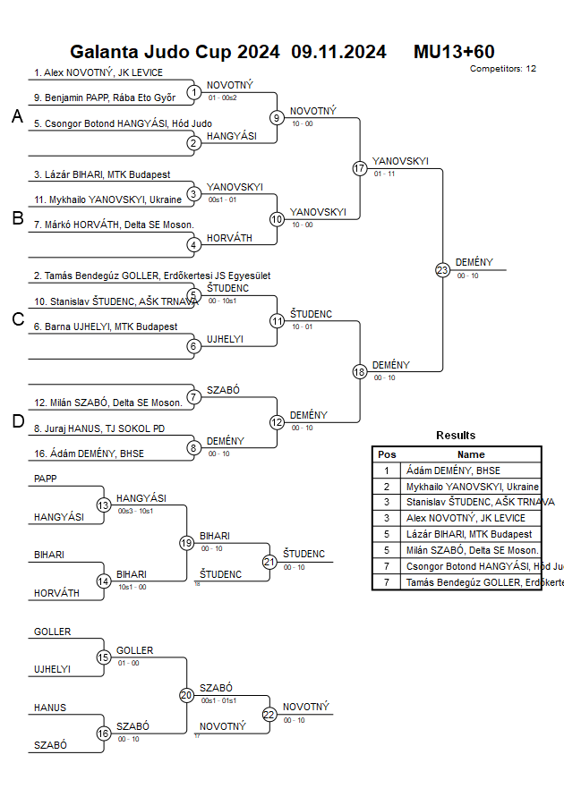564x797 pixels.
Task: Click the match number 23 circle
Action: (x=442, y=270)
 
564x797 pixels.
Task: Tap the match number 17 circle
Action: (x=360, y=168)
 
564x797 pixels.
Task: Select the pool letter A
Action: (x=17, y=116)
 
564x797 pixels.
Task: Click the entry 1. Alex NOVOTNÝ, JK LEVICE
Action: (x=98, y=72)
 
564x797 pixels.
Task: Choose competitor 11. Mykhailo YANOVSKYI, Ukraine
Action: (x=107, y=199)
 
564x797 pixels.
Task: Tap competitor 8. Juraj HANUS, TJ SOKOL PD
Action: (x=99, y=428)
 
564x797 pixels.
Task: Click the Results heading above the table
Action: (x=456, y=436)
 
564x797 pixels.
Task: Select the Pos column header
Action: (x=387, y=454)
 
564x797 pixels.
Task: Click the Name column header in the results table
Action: (x=471, y=454)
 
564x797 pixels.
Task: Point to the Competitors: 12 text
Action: (x=503, y=68)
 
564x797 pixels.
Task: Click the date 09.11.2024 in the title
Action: (x=338, y=52)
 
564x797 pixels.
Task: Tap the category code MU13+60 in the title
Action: (x=454, y=52)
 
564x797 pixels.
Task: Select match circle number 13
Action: (x=103, y=505)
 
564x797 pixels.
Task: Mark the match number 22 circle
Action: (x=269, y=714)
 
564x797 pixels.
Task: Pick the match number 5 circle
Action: (x=194, y=295)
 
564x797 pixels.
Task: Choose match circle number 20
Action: (x=186, y=694)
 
